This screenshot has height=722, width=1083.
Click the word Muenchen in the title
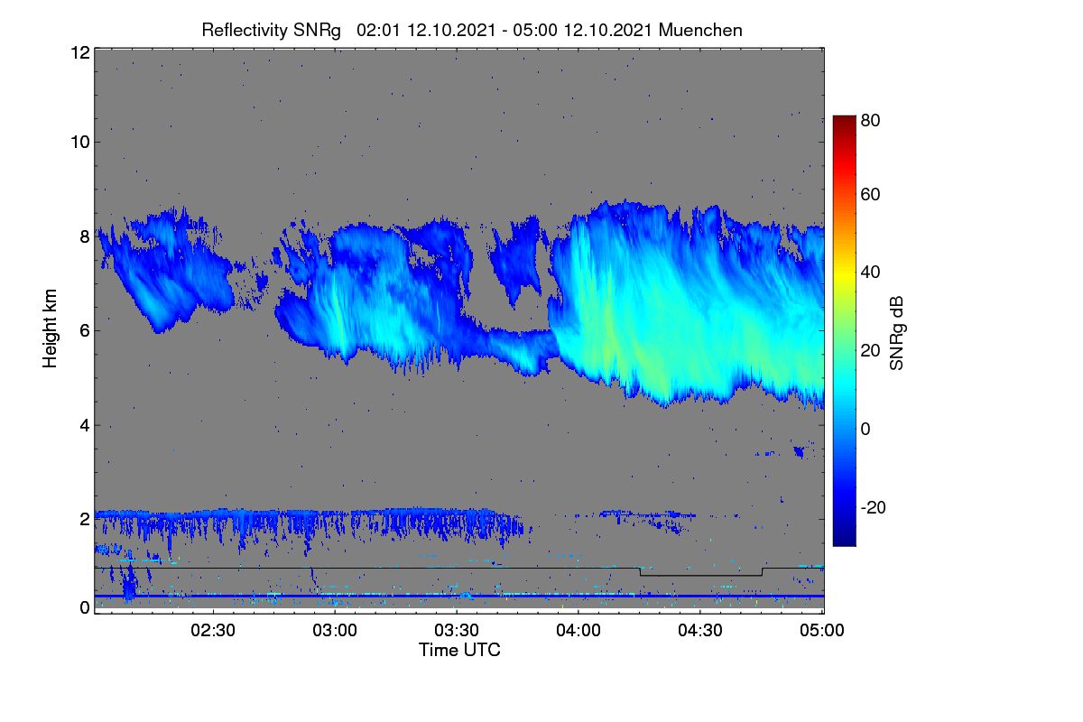coord(700,31)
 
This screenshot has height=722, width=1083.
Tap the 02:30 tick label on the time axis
coord(213,631)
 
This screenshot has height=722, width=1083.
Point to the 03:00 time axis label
coord(335,631)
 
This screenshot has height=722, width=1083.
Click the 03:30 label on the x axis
coord(457,631)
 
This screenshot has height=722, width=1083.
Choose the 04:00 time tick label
coord(579,631)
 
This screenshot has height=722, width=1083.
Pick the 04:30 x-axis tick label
coord(700,631)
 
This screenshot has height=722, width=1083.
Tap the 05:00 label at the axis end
coord(822,631)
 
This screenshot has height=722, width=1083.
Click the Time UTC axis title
coord(459,650)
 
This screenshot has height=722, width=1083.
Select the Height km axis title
coord(50,329)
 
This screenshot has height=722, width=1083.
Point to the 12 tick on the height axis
coord(80,52)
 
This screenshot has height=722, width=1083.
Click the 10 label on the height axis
coord(80,143)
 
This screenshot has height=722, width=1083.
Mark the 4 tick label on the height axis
coord(85,426)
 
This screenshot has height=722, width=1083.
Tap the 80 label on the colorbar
coord(870,120)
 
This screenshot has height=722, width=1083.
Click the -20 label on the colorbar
coord(874,507)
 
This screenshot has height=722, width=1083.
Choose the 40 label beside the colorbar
coord(870,273)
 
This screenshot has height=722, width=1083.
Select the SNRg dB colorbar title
coord(896,334)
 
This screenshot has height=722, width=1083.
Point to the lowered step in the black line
coord(701,576)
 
